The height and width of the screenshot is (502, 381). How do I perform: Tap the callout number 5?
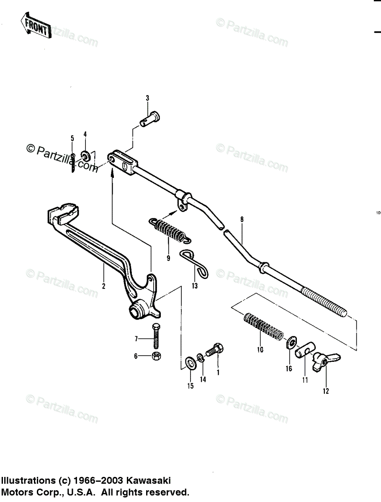[72, 138]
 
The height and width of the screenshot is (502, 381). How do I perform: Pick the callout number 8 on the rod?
[242, 219]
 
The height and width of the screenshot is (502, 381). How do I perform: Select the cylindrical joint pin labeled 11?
[305, 350]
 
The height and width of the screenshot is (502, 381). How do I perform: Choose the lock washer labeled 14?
[201, 358]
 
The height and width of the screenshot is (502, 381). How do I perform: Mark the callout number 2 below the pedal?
[103, 287]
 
